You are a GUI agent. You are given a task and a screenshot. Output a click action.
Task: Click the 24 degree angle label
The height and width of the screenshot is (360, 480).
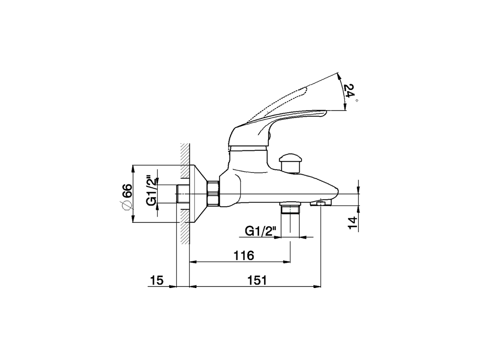[349, 91]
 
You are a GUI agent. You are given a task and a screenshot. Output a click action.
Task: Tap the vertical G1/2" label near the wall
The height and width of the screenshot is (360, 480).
[151, 190]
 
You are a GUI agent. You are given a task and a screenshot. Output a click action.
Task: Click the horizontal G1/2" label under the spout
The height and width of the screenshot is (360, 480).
[261, 231]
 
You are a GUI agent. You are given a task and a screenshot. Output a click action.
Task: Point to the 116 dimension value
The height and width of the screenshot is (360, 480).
[244, 256]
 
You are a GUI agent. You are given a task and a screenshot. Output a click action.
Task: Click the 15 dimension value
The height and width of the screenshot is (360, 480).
[157, 280]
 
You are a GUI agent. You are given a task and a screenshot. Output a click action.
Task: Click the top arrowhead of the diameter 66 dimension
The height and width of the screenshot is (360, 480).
[133, 168]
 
